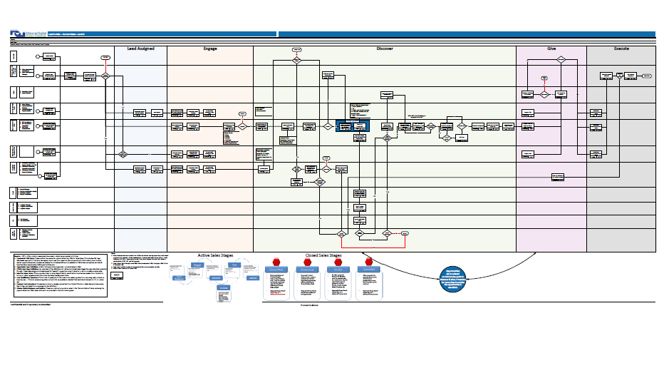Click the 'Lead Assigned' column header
pos(140,49)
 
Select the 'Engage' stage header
pos(209,49)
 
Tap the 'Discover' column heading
pos(384,49)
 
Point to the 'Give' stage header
pos(551,49)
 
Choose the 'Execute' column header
pos(621,49)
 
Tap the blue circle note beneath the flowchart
pos(446,278)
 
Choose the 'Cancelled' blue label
pos(370,270)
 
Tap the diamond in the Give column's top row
pos(560,61)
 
